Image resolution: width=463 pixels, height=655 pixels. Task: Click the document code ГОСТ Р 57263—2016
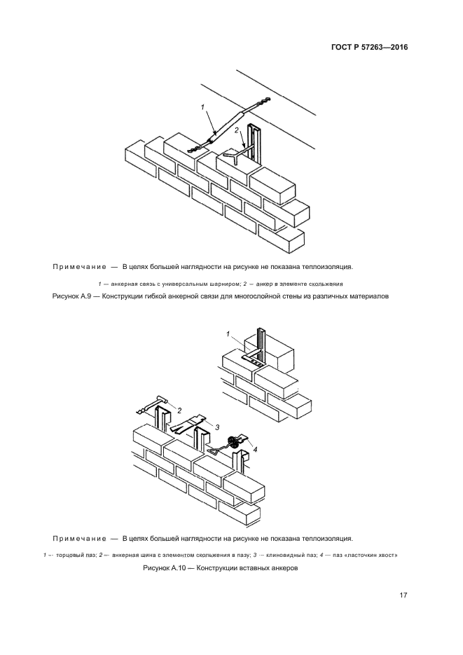click(369, 48)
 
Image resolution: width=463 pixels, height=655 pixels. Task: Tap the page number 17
click(403, 595)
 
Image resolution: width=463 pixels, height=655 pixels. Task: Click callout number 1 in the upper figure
click(202, 107)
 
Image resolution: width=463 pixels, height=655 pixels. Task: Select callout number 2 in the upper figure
click(237, 130)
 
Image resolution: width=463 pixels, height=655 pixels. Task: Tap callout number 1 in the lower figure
click(228, 333)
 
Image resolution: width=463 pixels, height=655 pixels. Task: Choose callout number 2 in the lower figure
click(180, 410)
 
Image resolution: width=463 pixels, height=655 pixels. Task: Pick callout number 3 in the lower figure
click(218, 427)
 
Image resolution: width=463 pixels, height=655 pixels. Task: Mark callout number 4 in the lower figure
click(255, 449)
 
